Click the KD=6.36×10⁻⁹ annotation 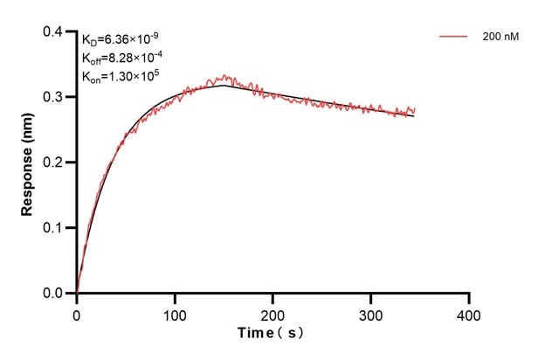coord(121,39)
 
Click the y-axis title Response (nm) coord(28,163)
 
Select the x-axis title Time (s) coord(272,333)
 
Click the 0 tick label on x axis coord(77,313)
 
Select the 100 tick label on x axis coord(175,313)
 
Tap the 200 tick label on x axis coord(273,313)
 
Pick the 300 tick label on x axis coord(371,313)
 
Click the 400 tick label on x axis coord(469,313)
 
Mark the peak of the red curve coord(224,76)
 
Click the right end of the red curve coord(415,110)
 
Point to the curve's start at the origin coord(77,293)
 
